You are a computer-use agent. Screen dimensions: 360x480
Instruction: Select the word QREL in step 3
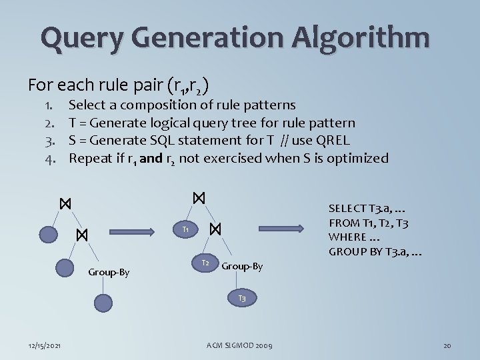coord(333,141)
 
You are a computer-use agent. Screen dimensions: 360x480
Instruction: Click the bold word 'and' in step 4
coord(152,158)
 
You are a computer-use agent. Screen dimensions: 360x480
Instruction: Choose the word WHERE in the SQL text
coord(347,237)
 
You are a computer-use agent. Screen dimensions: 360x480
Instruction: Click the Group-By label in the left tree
coord(109,272)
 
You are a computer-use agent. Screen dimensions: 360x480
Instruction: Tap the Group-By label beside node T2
coord(241,267)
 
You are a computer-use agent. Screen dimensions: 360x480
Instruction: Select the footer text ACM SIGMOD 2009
coord(239,345)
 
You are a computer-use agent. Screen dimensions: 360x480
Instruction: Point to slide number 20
coord(447,345)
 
